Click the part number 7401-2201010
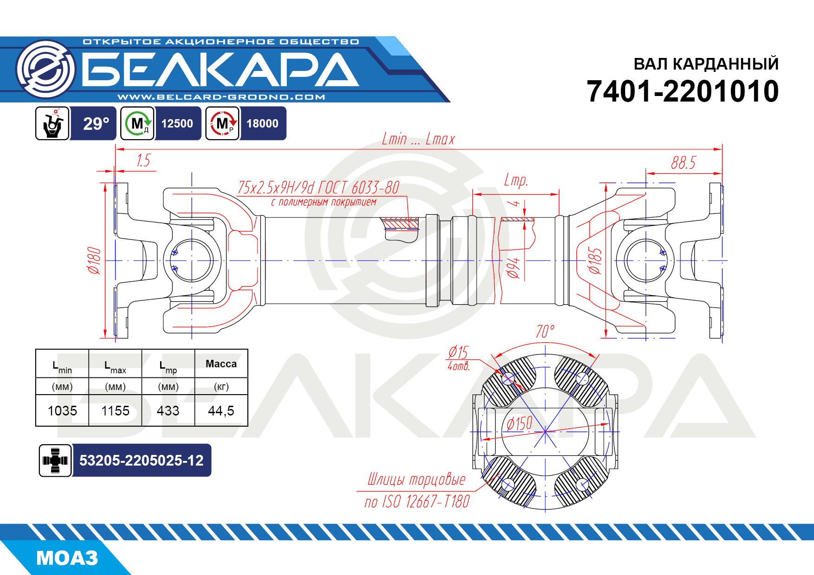(x=682, y=91)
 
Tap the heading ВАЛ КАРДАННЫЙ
(x=706, y=64)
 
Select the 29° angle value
(x=96, y=124)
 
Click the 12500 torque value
(x=177, y=124)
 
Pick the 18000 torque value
(x=262, y=124)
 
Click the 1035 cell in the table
(x=62, y=411)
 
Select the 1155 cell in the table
(x=116, y=411)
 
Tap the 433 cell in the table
(x=168, y=411)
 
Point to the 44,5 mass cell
(x=221, y=411)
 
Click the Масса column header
(x=221, y=364)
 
